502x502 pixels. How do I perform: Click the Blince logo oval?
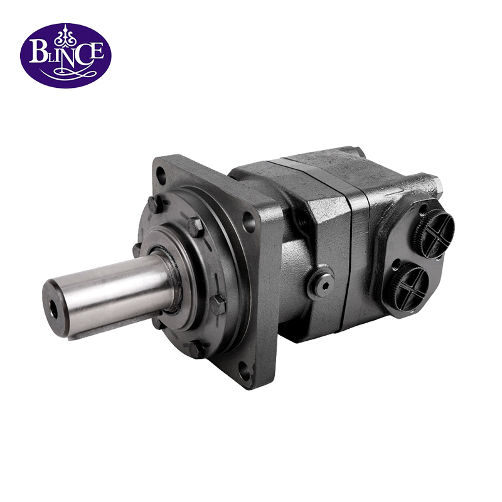(x=65, y=55)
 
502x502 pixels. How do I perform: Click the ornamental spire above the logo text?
(x=65, y=35)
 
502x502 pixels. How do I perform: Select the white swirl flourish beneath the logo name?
(x=65, y=74)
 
